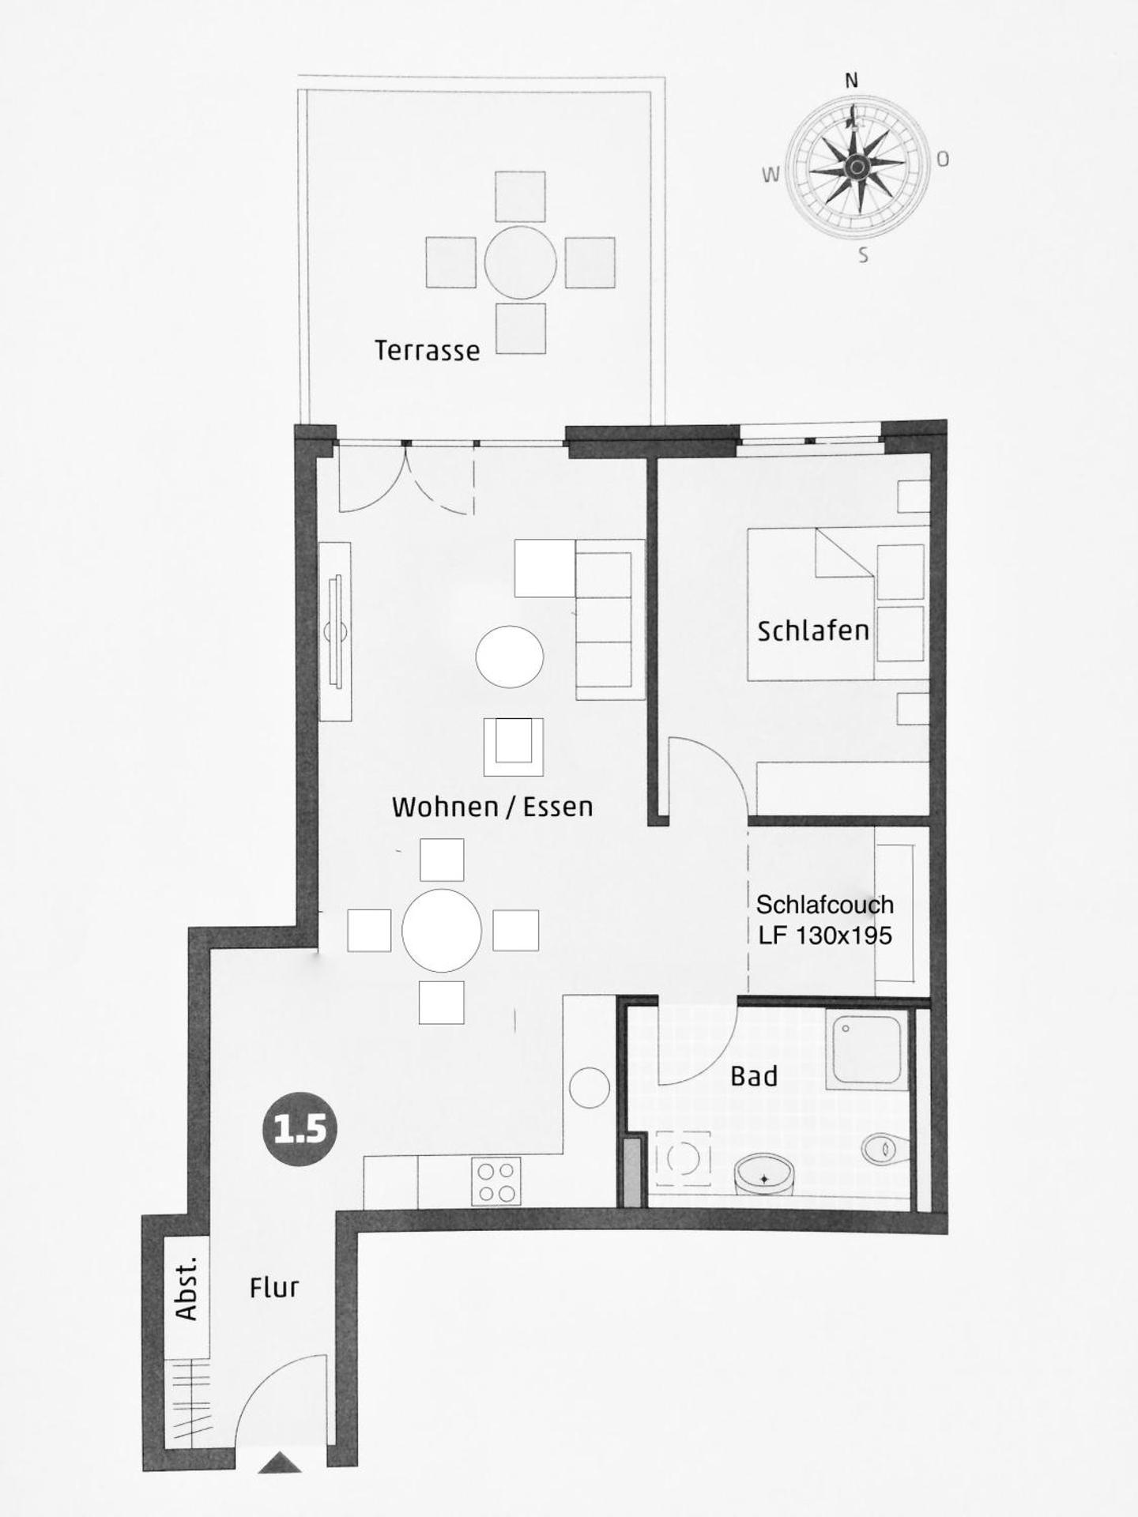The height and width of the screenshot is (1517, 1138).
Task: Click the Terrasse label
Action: tap(427, 350)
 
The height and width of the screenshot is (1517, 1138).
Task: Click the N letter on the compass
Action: tap(851, 81)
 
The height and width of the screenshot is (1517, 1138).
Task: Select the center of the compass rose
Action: tap(857, 166)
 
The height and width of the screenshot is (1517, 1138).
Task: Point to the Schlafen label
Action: tap(812, 631)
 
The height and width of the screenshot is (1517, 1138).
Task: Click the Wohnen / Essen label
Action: tap(492, 807)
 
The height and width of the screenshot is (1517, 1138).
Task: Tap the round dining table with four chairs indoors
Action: tap(442, 930)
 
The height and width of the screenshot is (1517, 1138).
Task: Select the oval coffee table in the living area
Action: tap(510, 657)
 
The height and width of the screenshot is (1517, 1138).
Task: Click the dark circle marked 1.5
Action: tap(300, 1128)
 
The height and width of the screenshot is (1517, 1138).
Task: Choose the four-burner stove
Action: tap(496, 1181)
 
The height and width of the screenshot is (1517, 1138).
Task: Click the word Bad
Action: tap(754, 1076)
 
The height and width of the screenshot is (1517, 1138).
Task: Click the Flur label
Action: tap(274, 1288)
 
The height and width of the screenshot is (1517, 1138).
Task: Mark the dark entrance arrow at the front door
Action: tap(280, 1462)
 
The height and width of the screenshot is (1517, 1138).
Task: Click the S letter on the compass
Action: tap(864, 255)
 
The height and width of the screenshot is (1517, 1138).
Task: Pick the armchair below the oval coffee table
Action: tap(514, 747)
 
